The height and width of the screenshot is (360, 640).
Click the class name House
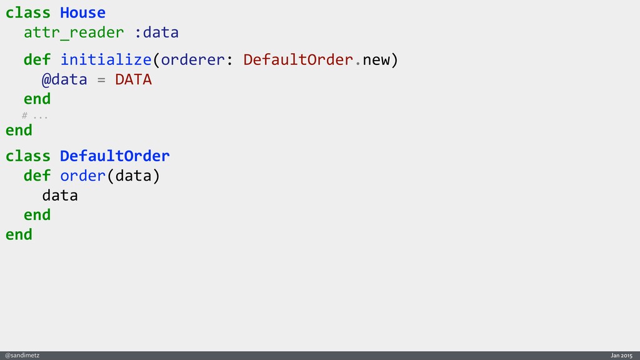[x=82, y=12]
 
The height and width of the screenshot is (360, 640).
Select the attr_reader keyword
[x=74, y=32]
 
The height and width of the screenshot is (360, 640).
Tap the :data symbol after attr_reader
[x=157, y=32]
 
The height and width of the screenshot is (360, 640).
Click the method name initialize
[x=106, y=60]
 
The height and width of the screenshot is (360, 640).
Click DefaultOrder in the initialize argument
[x=298, y=60]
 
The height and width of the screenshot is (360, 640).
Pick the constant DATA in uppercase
[x=133, y=80]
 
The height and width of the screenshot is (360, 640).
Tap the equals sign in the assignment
[x=101, y=80]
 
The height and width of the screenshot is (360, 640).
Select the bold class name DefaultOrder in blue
[x=114, y=155]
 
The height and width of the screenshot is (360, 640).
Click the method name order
[x=82, y=176]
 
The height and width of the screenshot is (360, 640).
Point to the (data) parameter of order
[x=133, y=176]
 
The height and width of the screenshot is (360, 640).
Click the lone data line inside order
[x=60, y=196]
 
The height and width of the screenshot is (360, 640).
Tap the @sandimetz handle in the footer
[x=22, y=355]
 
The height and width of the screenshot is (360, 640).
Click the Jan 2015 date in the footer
[x=621, y=355]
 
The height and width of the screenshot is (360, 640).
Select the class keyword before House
[x=28, y=12]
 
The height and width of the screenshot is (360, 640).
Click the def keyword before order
[x=37, y=176]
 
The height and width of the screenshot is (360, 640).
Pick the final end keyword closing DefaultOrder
[x=19, y=234]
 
